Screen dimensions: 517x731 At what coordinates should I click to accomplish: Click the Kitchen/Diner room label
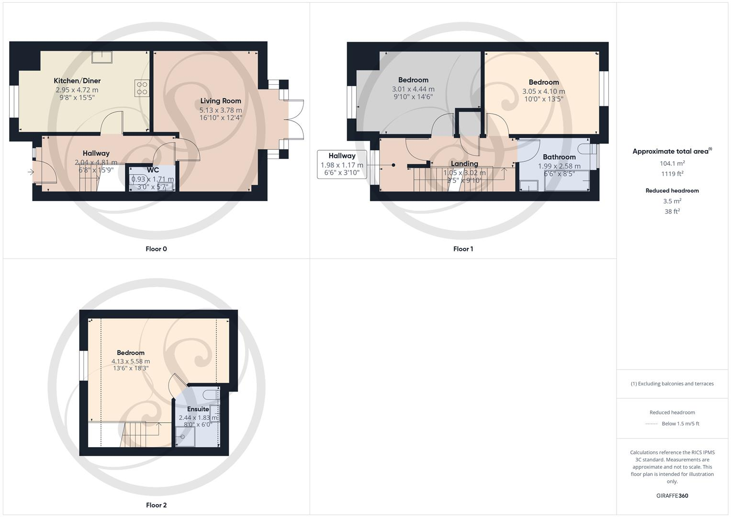77,81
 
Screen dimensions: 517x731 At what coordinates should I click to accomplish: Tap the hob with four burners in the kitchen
142,88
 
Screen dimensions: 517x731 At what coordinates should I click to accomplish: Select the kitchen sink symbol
102,57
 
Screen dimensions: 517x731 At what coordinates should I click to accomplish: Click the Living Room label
221,101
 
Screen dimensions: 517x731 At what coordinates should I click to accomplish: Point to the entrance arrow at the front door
31,172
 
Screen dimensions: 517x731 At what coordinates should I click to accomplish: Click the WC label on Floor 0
153,170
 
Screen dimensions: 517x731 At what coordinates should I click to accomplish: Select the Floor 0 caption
156,249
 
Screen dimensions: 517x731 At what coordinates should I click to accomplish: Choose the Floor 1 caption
463,249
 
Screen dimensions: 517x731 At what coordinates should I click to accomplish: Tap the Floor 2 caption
156,505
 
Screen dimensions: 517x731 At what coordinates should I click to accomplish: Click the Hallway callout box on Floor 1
342,164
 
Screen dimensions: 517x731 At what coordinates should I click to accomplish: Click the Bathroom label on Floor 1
559,157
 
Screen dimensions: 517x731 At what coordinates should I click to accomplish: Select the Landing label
464,164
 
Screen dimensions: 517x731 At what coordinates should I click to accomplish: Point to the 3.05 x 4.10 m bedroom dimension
543,91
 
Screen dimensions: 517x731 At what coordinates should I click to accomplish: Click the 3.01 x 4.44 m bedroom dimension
413,89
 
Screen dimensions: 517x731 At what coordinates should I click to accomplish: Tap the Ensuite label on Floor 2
198,409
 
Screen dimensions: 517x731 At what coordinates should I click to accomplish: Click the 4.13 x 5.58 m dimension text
131,361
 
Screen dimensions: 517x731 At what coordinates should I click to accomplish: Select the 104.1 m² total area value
672,163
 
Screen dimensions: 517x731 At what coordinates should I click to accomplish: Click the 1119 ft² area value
672,174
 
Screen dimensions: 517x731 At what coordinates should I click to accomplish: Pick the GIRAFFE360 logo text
672,496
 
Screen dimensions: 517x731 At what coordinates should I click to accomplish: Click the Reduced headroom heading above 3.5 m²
672,191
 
